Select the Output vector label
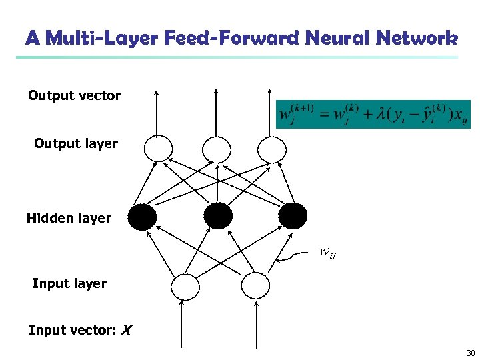74,95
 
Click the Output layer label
76,143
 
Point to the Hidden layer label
69,218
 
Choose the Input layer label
69,283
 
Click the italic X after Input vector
127,330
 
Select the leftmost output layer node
159,148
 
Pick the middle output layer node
216,148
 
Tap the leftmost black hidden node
143,216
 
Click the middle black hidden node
218,216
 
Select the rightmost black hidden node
293,216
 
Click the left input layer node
185,287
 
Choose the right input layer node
255,287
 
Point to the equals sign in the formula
322,115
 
